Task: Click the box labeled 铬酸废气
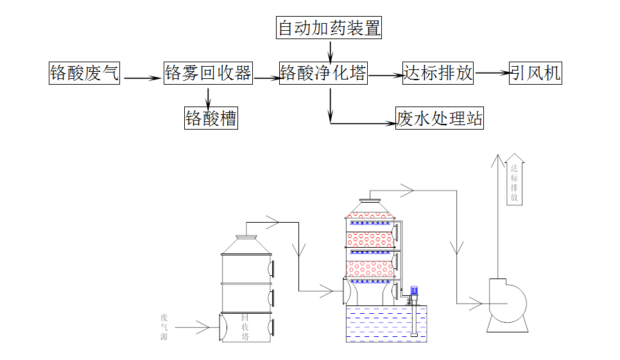(85, 73)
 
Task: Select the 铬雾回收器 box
(207, 73)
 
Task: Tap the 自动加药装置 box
(329, 28)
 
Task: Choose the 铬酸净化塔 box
(323, 73)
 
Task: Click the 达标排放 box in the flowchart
(438, 73)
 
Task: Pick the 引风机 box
(535, 73)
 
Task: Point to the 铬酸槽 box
(211, 118)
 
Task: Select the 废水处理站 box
(440, 118)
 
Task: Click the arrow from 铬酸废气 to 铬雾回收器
(142, 78)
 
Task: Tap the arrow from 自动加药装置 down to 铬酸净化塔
(330, 50)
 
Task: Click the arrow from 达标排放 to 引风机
(492, 73)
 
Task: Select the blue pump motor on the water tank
(415, 292)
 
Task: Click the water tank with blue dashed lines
(387, 324)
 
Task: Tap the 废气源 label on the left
(164, 327)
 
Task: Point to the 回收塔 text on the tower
(245, 327)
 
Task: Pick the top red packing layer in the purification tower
(370, 210)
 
